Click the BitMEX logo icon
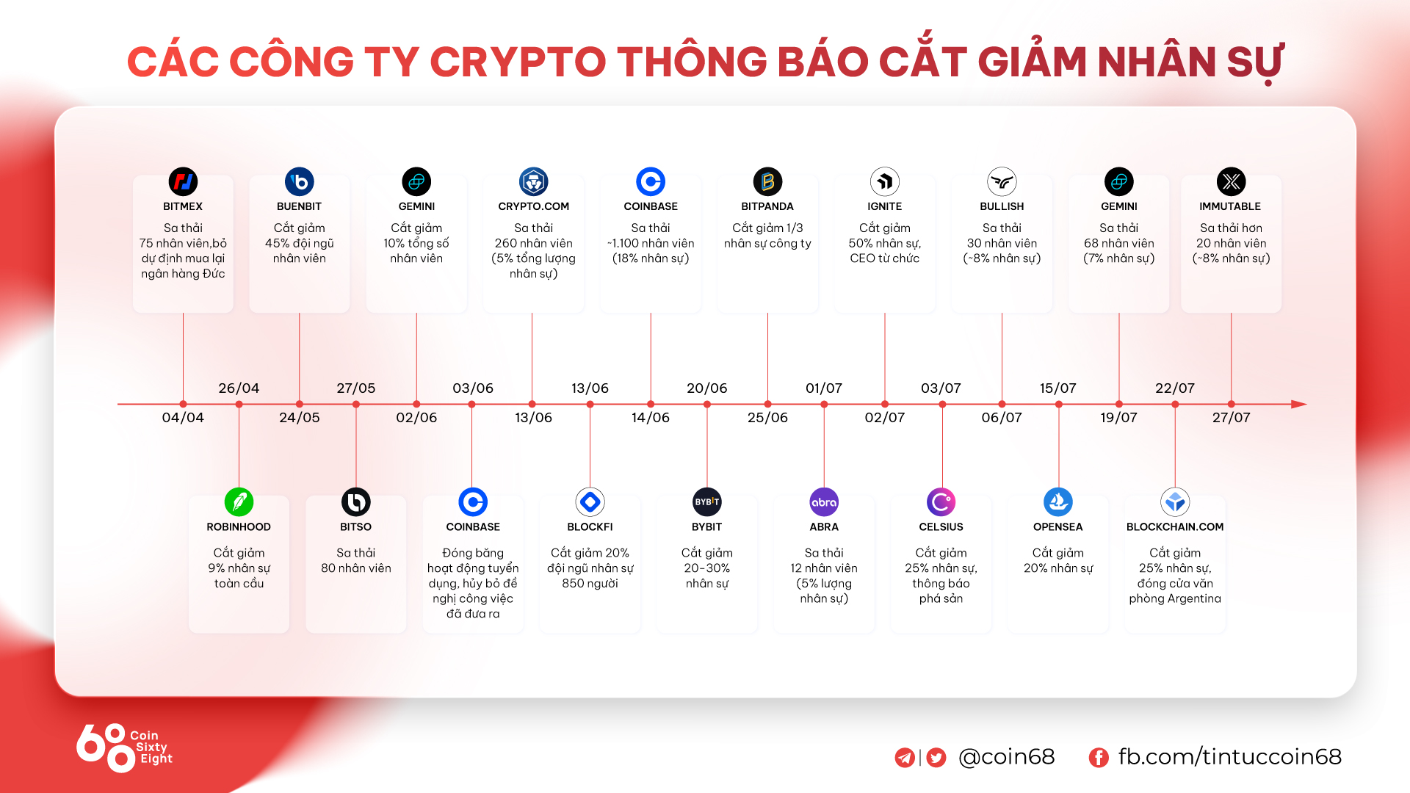(x=183, y=181)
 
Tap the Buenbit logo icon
(x=300, y=181)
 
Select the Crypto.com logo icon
(x=534, y=181)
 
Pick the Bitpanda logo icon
(x=767, y=181)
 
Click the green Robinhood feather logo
(x=239, y=502)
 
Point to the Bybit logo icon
(x=707, y=502)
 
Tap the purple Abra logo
(x=824, y=502)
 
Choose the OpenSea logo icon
(x=1058, y=502)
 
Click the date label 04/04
(x=183, y=418)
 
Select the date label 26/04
(x=239, y=388)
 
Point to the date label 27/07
(x=1232, y=418)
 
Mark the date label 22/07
(x=1175, y=388)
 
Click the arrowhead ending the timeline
(x=1299, y=404)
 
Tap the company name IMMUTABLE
(x=1230, y=206)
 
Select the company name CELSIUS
(x=941, y=527)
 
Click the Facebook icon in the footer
(x=1099, y=758)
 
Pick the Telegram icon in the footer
(x=905, y=758)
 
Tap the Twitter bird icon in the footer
(x=936, y=758)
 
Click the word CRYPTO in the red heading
(x=518, y=62)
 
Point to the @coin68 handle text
(x=1007, y=757)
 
